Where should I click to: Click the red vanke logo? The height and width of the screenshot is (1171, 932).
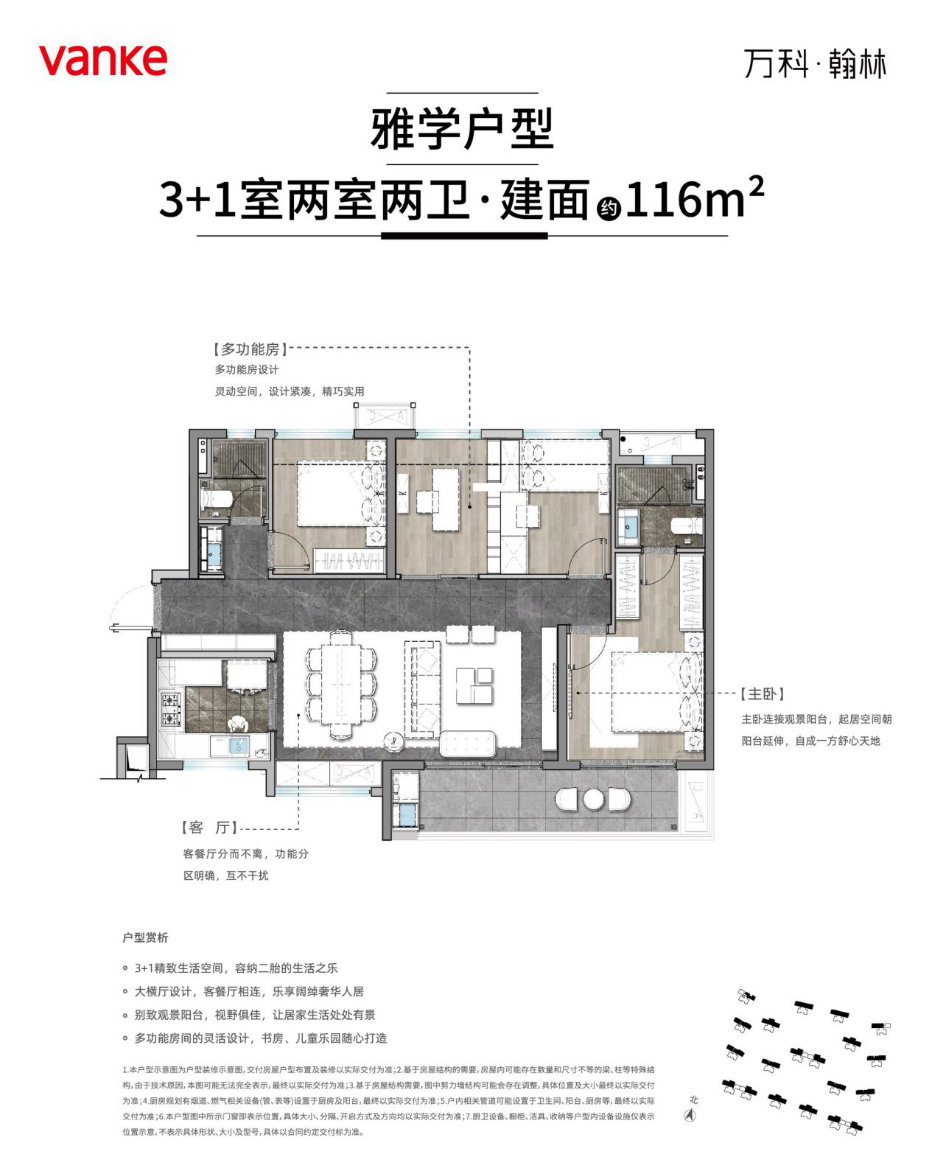click(x=102, y=60)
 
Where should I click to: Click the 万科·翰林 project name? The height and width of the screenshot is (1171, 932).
click(x=815, y=64)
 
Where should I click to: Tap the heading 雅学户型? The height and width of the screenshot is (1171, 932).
click(x=462, y=129)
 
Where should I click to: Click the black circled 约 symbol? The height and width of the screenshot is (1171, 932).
click(x=608, y=209)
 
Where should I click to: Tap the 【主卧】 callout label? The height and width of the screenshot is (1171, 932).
click(x=762, y=694)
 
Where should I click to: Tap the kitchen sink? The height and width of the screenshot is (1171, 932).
click(x=238, y=746)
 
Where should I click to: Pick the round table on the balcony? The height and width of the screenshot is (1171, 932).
click(x=593, y=798)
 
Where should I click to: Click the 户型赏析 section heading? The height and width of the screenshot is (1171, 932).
click(x=145, y=937)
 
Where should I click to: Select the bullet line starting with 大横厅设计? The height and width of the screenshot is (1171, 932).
click(x=249, y=991)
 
